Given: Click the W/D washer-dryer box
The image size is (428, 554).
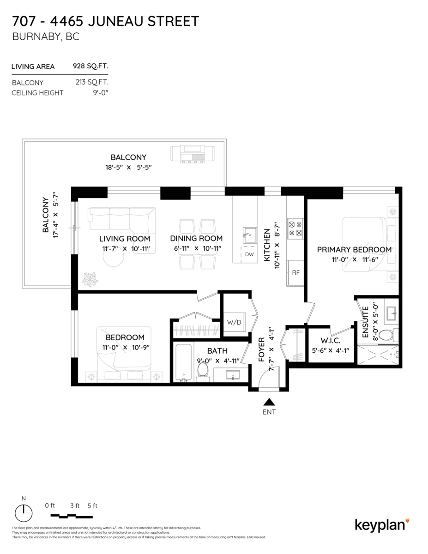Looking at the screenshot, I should (234, 321).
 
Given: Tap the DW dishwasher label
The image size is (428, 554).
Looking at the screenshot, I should (249, 254).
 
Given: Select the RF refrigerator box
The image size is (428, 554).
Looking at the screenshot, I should (295, 272).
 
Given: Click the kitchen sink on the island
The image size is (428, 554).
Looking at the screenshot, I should (249, 235).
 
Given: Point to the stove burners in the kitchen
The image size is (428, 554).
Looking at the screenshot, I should (295, 229).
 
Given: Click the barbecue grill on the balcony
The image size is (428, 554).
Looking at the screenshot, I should (194, 154).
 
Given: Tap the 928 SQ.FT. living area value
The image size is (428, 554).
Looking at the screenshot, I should (90, 66).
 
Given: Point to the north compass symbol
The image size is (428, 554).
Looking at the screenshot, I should (24, 512).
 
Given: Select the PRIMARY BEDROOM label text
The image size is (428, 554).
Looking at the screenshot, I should (354, 250).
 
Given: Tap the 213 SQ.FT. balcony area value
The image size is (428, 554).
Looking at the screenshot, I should (92, 83).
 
